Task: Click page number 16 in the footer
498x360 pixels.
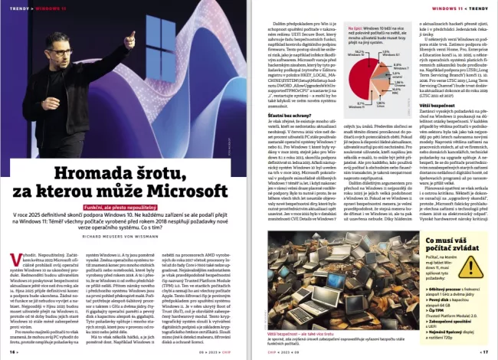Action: point(13,352)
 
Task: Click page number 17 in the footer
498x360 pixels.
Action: point(484,352)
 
